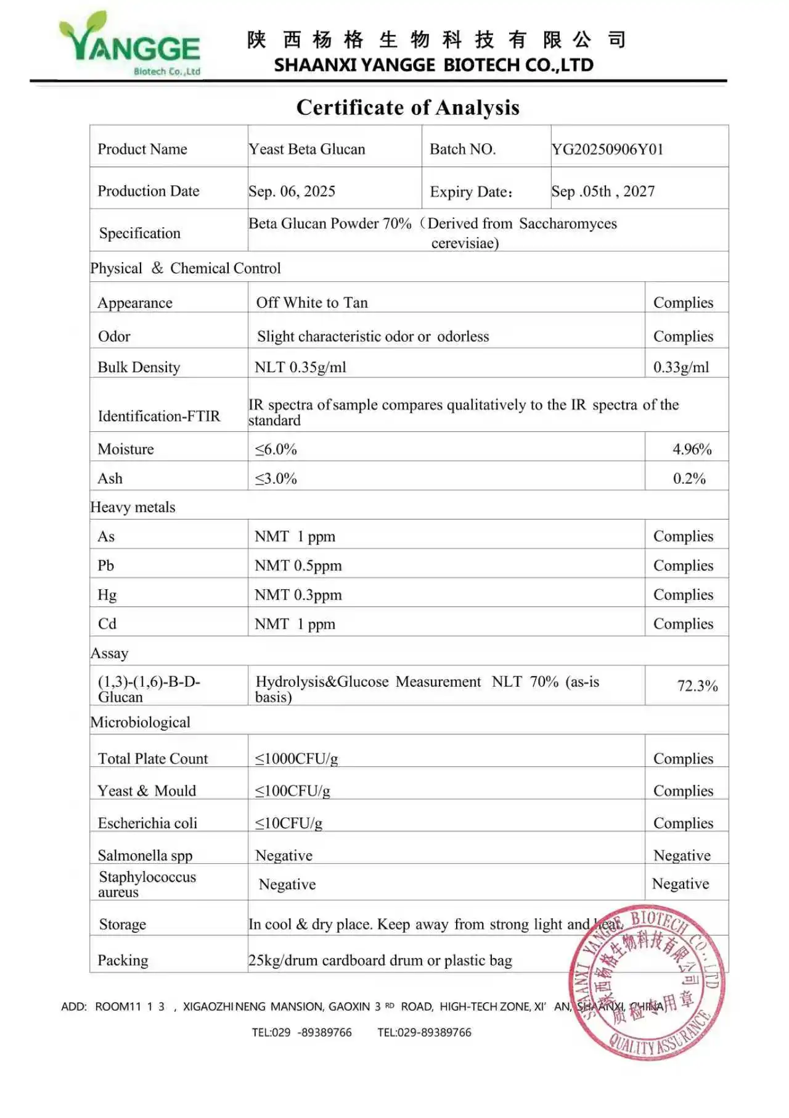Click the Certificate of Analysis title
point(407,107)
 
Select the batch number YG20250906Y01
point(607,149)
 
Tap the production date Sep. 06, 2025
point(292,191)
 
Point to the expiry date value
point(603,191)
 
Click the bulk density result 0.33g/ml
point(681,367)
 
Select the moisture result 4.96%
point(692,449)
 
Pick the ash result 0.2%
point(689,478)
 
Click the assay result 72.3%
point(697,685)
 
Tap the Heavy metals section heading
point(133,507)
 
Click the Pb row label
point(106,565)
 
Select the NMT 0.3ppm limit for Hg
point(298,595)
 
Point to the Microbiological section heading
point(140,722)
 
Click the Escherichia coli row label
point(147,823)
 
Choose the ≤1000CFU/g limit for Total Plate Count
point(296,758)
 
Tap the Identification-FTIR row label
point(158,416)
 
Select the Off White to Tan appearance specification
point(312,302)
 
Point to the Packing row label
point(123,960)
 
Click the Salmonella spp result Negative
point(682,855)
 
